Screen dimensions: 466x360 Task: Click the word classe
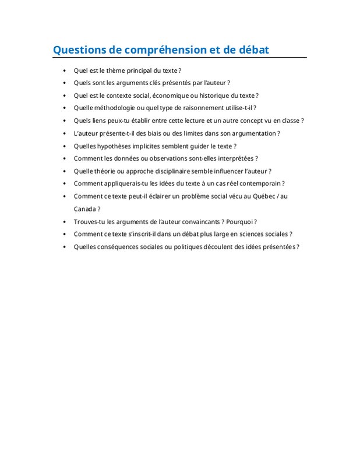pyautogui.click(x=290, y=121)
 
